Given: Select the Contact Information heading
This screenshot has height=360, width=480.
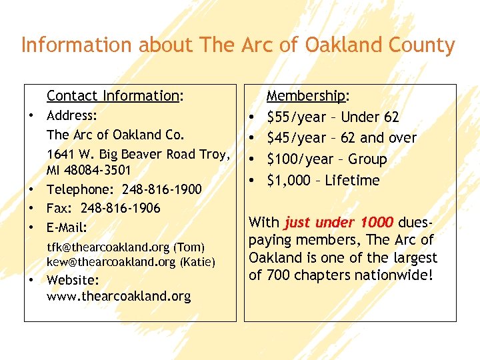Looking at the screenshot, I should point(113,96).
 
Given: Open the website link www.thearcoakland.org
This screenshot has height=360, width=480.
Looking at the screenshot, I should point(119,297).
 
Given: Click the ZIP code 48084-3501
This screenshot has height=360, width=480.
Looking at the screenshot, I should point(99,171).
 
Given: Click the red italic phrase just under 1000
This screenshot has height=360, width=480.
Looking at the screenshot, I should point(339,223).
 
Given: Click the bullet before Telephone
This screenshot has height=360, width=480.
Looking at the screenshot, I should point(31,190).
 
